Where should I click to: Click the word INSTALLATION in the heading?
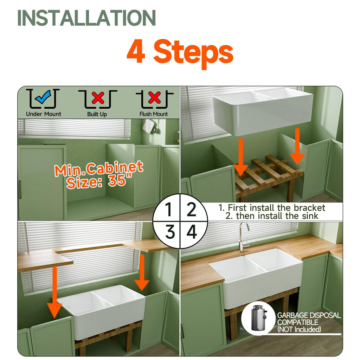(86, 18)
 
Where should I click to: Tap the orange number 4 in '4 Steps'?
(136, 51)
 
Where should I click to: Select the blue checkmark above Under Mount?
(43, 97)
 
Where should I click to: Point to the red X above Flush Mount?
(154, 98)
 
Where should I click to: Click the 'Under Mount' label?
(44, 114)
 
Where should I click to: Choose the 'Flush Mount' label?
(154, 114)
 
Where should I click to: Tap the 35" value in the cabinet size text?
(120, 179)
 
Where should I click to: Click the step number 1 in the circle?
(169, 209)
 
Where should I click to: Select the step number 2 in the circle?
(192, 209)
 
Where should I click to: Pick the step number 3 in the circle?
(170, 232)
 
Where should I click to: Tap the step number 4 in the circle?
(192, 232)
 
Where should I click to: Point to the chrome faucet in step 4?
(243, 237)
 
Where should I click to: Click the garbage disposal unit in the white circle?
(258, 318)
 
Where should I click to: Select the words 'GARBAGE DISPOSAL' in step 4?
(309, 315)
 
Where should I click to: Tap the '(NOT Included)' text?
(299, 329)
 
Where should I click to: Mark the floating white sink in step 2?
(263, 111)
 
